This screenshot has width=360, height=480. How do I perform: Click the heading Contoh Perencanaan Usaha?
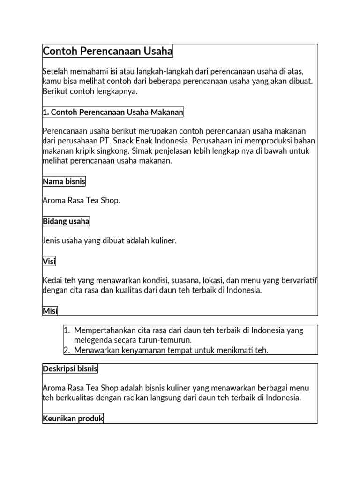tap(108, 51)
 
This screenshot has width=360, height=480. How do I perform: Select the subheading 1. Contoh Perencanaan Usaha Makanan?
tap(113, 112)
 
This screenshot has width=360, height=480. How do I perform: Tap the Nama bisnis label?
tap(64, 181)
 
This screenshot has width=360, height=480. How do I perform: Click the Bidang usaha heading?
tap(66, 221)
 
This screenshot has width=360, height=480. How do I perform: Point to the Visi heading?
tap(49, 262)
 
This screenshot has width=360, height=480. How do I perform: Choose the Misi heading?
tap(50, 311)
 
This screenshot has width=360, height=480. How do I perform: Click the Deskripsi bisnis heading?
tap(70, 368)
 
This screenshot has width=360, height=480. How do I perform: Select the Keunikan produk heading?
tap(73, 418)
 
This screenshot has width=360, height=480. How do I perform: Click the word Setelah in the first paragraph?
tap(54, 72)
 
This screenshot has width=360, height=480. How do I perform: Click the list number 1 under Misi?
tap(67, 330)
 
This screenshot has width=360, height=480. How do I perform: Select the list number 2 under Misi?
tap(67, 350)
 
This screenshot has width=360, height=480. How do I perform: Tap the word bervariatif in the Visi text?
tap(299, 280)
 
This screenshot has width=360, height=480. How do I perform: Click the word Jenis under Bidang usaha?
tap(51, 240)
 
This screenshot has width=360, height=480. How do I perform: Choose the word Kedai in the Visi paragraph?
tap(52, 280)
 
